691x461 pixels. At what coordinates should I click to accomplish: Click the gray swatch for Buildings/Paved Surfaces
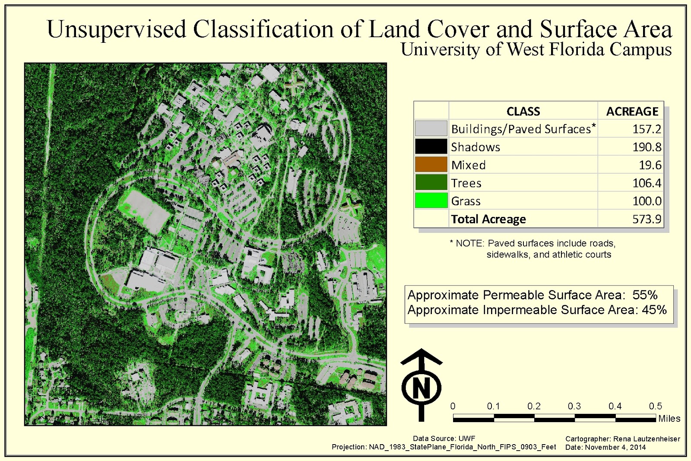[431, 128]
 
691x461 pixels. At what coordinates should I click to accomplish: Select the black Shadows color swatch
[431, 146]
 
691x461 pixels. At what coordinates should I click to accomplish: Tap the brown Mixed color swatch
[431, 165]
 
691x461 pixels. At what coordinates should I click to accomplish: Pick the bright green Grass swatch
[431, 200]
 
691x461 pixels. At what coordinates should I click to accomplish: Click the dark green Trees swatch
[431, 182]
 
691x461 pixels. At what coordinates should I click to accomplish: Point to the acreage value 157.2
[647, 129]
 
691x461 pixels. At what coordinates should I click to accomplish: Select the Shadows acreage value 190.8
[647, 147]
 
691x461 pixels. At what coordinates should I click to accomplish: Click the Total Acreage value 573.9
[647, 219]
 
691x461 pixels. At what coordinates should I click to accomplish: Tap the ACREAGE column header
[632, 111]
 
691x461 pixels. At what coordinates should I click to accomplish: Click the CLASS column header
[523, 111]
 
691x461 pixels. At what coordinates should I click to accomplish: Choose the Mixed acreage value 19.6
[650, 165]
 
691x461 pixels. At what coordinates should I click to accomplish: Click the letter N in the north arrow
[421, 388]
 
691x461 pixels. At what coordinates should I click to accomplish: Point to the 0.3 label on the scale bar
[574, 406]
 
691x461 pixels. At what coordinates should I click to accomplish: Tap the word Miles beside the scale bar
[669, 418]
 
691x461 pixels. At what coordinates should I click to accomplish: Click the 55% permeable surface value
[645, 295]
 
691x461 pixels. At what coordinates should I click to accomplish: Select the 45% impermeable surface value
[654, 310]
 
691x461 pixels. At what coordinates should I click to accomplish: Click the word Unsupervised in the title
[117, 29]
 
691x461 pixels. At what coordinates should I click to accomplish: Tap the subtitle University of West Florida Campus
[536, 50]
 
